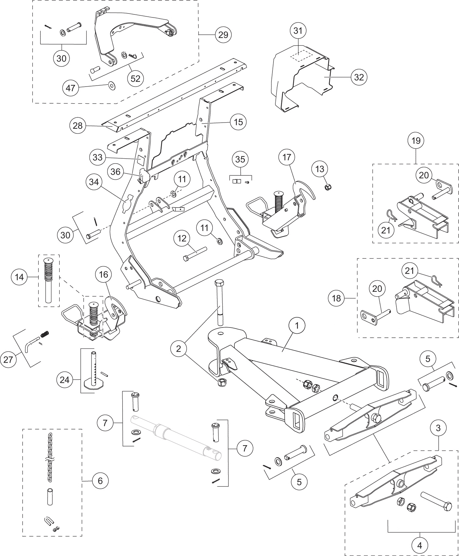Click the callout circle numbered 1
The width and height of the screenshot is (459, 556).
click(297, 326)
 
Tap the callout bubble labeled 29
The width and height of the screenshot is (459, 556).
click(223, 34)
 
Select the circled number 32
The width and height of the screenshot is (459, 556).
click(359, 77)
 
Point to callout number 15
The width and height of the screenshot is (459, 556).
click(238, 122)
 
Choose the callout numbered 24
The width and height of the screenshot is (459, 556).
click(65, 380)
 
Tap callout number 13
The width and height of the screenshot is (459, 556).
click(320, 169)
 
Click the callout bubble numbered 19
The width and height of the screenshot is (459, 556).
click(416, 141)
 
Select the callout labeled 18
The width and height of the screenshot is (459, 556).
click(337, 298)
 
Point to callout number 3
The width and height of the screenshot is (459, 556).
click(438, 427)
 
